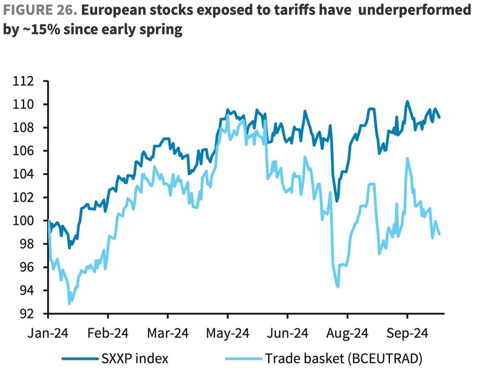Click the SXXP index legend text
[x=135, y=359]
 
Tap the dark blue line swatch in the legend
[x=80, y=359]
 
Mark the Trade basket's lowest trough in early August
[x=338, y=287]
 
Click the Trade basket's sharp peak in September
[x=408, y=158]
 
